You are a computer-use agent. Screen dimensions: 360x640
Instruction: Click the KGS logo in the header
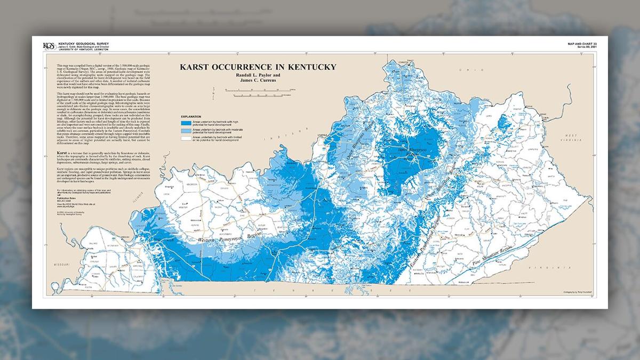click(49, 46)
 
